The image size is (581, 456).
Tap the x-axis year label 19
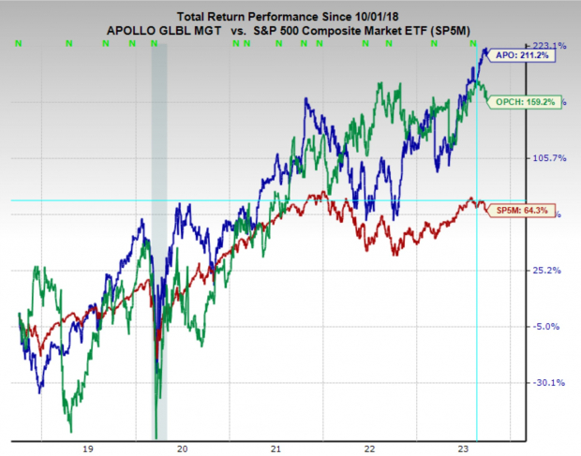pyautogui.click(x=87, y=448)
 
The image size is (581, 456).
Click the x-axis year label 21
pyautogui.click(x=276, y=448)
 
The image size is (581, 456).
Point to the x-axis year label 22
pyautogui.click(x=371, y=448)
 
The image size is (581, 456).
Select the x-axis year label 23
pyautogui.click(x=466, y=448)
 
